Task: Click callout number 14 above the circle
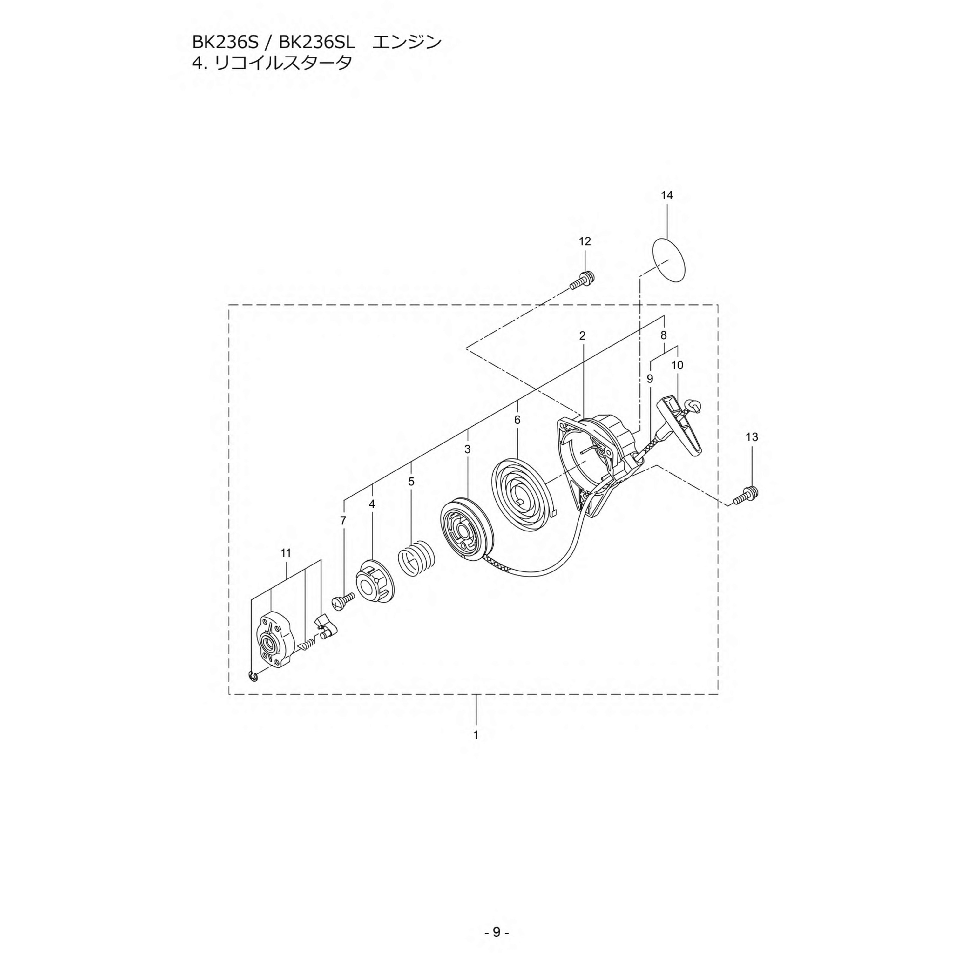click(666, 195)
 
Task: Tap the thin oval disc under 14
click(669, 260)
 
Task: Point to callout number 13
click(752, 437)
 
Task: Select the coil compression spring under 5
click(416, 558)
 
